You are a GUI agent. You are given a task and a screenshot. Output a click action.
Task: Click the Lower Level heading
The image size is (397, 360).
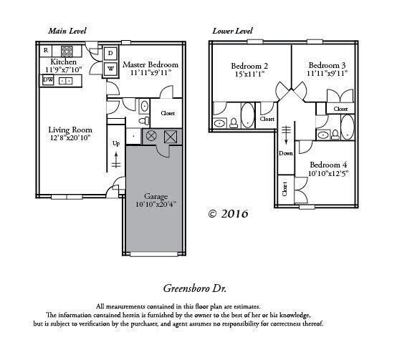point(232,31)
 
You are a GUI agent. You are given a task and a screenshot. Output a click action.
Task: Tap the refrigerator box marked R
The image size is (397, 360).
point(46,50)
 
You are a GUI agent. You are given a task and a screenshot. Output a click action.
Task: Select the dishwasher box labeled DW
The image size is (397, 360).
point(47,81)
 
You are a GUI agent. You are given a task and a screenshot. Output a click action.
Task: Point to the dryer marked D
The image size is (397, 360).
point(111,54)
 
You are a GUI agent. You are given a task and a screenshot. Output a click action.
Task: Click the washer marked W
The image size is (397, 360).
point(111,69)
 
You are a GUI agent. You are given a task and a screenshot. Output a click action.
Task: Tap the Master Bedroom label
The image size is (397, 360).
point(150,64)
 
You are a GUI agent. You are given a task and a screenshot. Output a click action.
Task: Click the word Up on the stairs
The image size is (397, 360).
point(116,143)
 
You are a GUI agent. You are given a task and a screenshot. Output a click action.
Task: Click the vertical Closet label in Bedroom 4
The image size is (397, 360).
point(284,189)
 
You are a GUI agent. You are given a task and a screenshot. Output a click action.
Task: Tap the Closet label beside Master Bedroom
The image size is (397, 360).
point(168,113)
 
